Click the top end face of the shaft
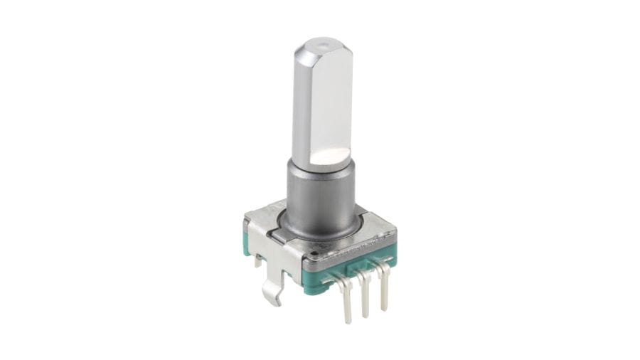pos(324,47)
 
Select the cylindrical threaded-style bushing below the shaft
pos(320,192)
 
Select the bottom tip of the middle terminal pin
pos(366,314)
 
